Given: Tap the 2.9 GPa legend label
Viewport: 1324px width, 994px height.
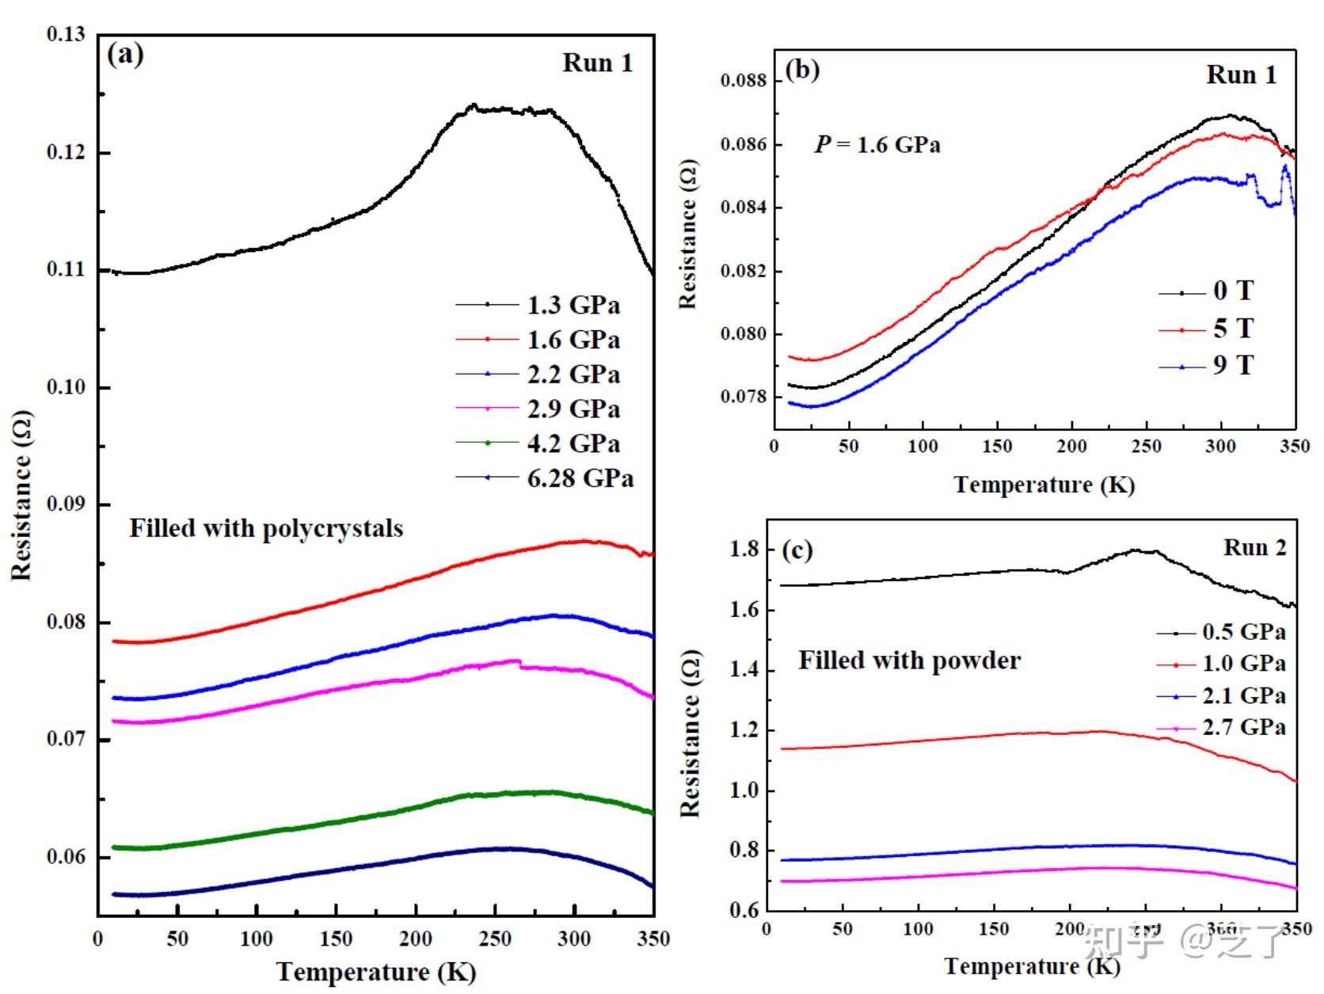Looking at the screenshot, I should [573, 409].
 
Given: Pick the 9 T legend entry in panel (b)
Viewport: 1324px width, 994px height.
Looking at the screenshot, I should [1233, 366].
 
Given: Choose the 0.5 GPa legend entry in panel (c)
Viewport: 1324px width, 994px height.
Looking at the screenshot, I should [1243, 632].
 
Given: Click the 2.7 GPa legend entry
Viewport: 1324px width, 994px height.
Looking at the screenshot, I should [1243, 727].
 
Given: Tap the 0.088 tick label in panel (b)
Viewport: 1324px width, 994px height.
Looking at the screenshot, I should [744, 81].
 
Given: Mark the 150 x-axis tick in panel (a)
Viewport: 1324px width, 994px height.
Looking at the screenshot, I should [336, 939].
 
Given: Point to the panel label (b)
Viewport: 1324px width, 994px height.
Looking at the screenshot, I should [801, 70].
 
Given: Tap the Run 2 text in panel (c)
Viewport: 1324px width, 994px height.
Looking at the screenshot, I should [1254, 547].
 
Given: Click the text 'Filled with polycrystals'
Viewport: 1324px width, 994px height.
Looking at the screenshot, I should [266, 528].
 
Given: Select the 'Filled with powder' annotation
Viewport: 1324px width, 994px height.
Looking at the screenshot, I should [909, 660].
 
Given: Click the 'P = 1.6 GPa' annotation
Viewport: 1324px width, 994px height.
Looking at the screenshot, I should [877, 144].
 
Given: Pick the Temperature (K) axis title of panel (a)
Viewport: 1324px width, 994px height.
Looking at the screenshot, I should [375, 972].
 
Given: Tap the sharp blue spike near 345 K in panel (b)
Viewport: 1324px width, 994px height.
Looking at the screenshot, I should [1285, 167].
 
